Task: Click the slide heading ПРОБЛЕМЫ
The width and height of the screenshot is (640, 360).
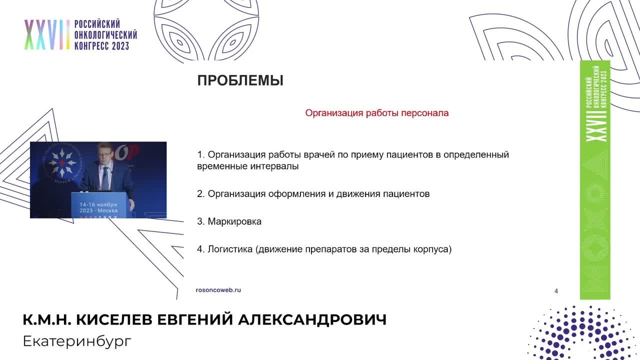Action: pos(240,80)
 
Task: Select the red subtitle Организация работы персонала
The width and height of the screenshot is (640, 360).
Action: pos(376,113)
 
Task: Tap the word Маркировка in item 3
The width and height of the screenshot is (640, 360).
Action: pos(234,221)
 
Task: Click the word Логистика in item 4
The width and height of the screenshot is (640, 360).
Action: pos(230,248)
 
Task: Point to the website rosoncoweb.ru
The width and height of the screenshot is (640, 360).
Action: pos(218,290)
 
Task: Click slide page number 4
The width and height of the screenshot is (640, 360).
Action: pos(556,291)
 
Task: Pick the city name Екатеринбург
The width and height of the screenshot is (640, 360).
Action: pos(77,341)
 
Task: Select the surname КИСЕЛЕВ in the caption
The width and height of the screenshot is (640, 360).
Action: pos(116,320)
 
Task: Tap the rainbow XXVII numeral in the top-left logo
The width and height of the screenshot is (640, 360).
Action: pos(46,35)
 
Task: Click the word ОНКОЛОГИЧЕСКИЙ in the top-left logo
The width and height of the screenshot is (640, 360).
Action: pos(105,35)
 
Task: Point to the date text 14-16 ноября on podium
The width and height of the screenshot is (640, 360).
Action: pos(98,205)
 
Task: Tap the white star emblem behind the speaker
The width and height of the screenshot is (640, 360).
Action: pos(62,161)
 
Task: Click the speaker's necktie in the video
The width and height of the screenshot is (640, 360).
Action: pos(105,176)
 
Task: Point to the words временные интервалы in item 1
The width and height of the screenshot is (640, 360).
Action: pos(247,166)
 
